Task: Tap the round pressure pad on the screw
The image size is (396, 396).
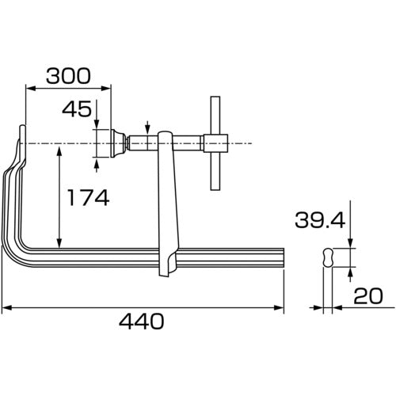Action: coord(116,144)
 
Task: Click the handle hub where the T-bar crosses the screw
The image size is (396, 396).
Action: coord(215,144)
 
